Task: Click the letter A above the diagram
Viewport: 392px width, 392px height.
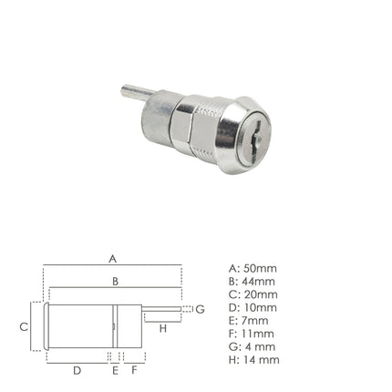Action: click(113, 258)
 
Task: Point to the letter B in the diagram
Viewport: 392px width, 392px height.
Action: click(115, 282)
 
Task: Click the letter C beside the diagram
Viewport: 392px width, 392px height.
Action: click(25, 325)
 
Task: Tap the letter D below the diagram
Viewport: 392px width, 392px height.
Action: click(77, 370)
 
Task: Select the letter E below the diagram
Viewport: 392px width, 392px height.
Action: click(115, 370)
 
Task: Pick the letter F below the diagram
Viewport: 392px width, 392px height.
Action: click(134, 370)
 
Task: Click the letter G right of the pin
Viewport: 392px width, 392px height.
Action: click(200, 310)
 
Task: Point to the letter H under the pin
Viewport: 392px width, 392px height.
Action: click(162, 327)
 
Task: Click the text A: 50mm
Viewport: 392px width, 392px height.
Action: click(253, 268)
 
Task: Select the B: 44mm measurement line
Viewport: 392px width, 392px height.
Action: click(253, 281)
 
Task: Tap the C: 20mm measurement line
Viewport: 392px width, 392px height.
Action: click(253, 294)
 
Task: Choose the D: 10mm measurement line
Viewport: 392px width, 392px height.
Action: click(253, 307)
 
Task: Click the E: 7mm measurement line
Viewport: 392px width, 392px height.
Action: click(249, 321)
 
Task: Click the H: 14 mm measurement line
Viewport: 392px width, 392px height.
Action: click(254, 360)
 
